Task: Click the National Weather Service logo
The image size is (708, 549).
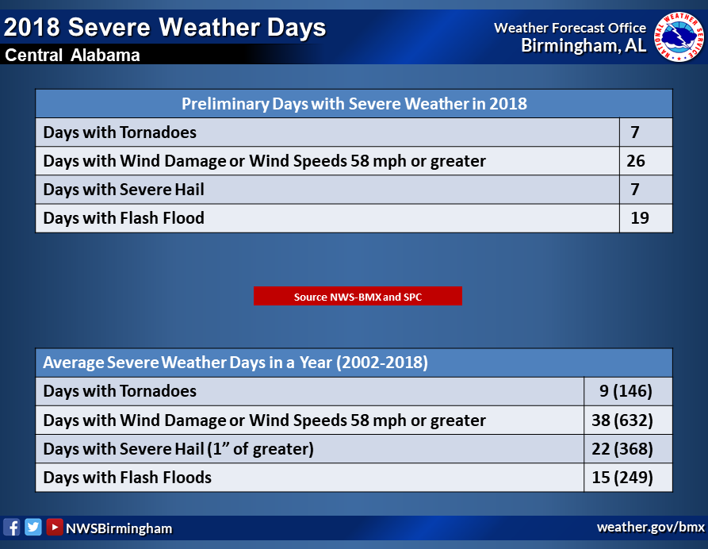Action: (679, 36)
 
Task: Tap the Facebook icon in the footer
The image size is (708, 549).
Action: (12, 528)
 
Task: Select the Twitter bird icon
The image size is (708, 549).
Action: (33, 527)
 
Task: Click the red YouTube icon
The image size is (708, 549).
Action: (54, 527)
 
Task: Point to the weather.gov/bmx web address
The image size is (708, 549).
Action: (651, 527)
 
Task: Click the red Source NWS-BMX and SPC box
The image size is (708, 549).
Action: (358, 296)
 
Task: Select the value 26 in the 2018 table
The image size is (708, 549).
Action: (635, 161)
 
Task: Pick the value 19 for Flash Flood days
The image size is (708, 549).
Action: (639, 218)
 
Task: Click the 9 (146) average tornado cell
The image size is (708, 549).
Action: (626, 391)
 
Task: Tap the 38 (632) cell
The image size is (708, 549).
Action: (622, 420)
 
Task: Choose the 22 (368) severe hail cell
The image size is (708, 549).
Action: (622, 449)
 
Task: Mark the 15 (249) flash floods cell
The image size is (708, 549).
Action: (622, 477)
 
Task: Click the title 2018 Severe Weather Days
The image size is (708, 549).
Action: (165, 27)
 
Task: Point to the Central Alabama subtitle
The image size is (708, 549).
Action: (72, 55)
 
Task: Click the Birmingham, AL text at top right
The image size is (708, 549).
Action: (584, 46)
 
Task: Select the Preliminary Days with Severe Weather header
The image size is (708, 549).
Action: (354, 103)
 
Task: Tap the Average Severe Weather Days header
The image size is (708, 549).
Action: (235, 363)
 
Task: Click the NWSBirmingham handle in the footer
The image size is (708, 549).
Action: (119, 528)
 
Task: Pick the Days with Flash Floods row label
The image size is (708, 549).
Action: (128, 477)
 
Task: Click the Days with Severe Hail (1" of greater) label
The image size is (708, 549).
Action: (178, 449)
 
